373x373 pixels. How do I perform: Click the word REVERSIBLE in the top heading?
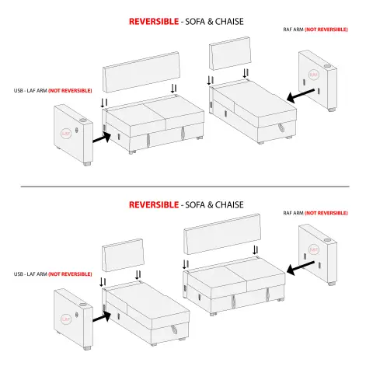tap(154, 22)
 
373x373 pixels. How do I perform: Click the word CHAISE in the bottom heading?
tap(229, 205)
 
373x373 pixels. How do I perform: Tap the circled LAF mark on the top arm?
tap(66, 134)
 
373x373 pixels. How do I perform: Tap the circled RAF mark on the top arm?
tap(314, 75)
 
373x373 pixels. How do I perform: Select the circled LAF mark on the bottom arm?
tap(66, 319)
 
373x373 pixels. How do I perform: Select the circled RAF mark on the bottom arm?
tap(314, 249)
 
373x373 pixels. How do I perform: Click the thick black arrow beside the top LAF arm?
tap(102, 138)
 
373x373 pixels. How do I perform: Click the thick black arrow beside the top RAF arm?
tap(301, 95)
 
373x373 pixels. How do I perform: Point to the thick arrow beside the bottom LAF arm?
tap(102, 316)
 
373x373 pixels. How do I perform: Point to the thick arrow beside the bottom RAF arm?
tap(301, 268)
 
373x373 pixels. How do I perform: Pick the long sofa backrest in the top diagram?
tap(141, 72)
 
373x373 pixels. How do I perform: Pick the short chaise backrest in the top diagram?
tap(230, 54)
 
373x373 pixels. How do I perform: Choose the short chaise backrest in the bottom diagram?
tap(123, 255)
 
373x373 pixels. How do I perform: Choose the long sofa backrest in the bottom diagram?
tap(222, 234)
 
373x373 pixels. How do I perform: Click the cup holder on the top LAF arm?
tap(83, 120)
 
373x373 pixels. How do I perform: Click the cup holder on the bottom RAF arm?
tap(327, 240)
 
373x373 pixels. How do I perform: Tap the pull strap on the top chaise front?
tap(281, 127)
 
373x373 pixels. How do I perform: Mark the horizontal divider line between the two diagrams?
tap(185, 186)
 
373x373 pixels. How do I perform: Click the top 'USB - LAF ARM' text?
tap(30, 91)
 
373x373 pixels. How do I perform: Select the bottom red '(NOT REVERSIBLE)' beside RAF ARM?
tap(326, 213)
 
